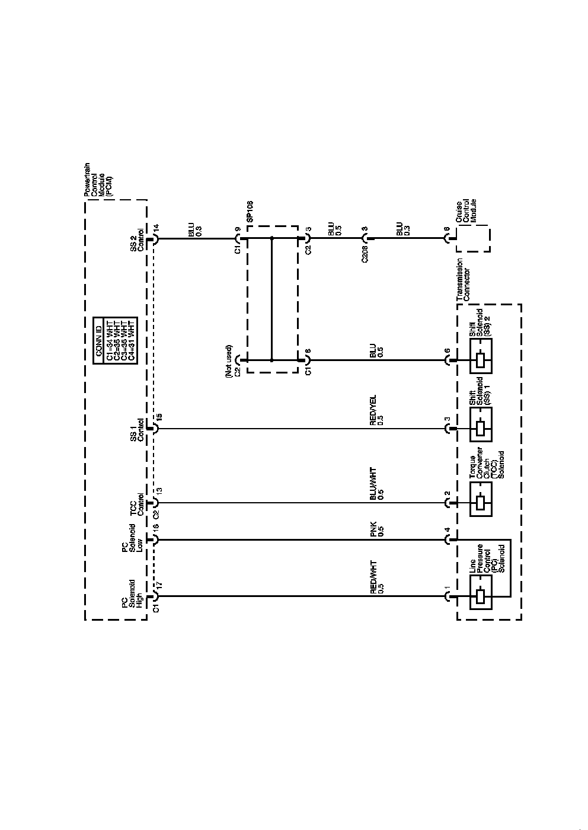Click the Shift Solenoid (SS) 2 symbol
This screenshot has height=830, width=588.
pyautogui.click(x=481, y=360)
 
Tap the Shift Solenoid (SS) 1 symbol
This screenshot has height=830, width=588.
pyautogui.click(x=481, y=429)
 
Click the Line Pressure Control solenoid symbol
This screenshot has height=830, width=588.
pyautogui.click(x=481, y=596)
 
